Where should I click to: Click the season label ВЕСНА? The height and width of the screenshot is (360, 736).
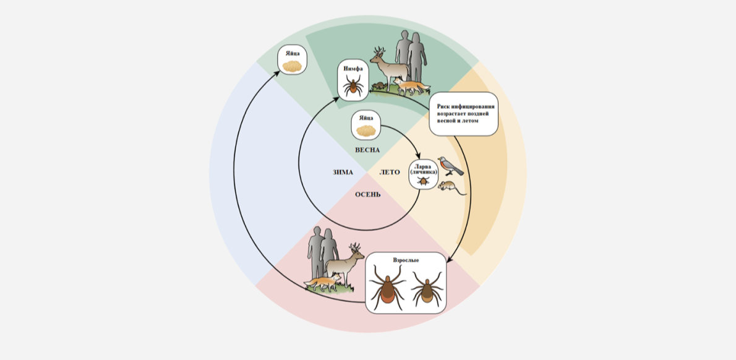pos(367,150)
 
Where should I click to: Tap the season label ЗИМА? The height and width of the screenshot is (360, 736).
pos(341,172)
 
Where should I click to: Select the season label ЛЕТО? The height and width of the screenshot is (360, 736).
pos(390,172)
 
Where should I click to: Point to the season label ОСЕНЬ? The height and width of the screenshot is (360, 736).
pos(367,194)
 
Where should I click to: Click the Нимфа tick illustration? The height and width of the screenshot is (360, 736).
pos(353,87)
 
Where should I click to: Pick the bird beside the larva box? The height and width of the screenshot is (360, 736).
pos(450,166)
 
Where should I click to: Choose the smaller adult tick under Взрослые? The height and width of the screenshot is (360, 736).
pos(427,289)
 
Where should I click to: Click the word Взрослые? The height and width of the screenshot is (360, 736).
pos(406,259)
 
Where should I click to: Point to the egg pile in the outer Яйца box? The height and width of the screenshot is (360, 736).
pos(293,66)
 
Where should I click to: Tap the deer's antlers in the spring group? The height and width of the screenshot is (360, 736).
pos(380,51)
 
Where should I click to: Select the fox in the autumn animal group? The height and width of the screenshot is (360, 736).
pos(323,283)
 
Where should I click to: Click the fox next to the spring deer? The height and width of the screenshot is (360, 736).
pos(412,87)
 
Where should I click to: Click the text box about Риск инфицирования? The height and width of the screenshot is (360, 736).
pos(463,114)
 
